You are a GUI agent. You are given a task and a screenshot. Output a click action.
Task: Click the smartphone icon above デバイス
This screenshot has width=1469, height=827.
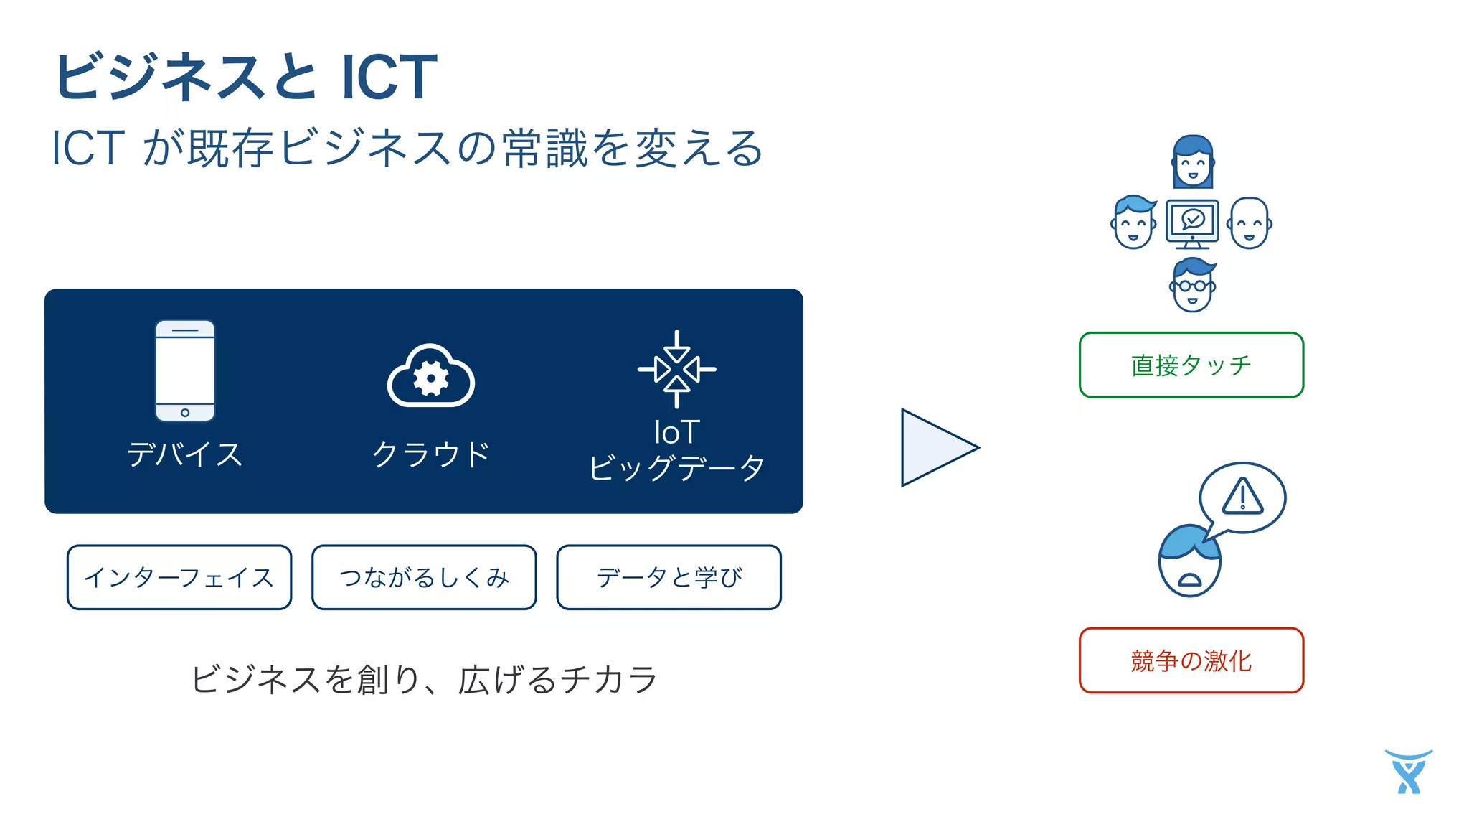pos(185,370)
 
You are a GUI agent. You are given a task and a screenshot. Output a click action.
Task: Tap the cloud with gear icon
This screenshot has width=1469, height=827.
pos(430,377)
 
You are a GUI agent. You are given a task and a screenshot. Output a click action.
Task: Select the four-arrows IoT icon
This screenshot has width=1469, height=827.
pos(676,369)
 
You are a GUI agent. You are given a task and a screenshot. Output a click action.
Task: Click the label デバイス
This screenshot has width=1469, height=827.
pos(185,454)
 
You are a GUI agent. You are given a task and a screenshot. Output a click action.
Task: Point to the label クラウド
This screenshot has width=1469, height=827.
pos(430,454)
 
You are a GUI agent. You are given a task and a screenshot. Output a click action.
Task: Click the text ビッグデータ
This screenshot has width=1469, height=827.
pos(676,468)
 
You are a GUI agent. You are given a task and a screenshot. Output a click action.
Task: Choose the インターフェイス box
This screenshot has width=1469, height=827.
pos(179,577)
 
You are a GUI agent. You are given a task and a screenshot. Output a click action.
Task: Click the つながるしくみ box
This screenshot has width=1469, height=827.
pos(424,577)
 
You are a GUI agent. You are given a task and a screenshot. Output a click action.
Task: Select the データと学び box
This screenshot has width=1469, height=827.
pos(669,577)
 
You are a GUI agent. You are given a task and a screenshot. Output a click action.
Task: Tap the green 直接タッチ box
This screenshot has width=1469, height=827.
pos(1191,365)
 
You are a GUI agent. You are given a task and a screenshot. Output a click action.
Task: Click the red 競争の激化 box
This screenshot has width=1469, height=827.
pos(1191,660)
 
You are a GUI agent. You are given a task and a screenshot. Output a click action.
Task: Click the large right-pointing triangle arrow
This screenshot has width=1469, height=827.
pos(936,447)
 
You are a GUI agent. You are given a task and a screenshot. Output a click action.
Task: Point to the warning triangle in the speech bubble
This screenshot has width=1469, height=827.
pos(1242,497)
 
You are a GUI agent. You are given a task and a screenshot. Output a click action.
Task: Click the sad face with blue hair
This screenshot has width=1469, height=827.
pos(1189,561)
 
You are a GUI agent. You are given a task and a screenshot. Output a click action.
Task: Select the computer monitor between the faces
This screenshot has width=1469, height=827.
pos(1192,223)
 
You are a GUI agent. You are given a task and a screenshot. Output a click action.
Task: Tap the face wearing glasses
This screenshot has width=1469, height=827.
pos(1192,285)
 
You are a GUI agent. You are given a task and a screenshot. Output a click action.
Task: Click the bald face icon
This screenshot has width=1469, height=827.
pos(1250,223)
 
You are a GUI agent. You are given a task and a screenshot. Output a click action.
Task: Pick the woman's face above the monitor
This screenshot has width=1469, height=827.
pos(1193,162)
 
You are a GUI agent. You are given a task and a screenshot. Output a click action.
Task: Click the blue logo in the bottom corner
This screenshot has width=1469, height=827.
pos(1409,772)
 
